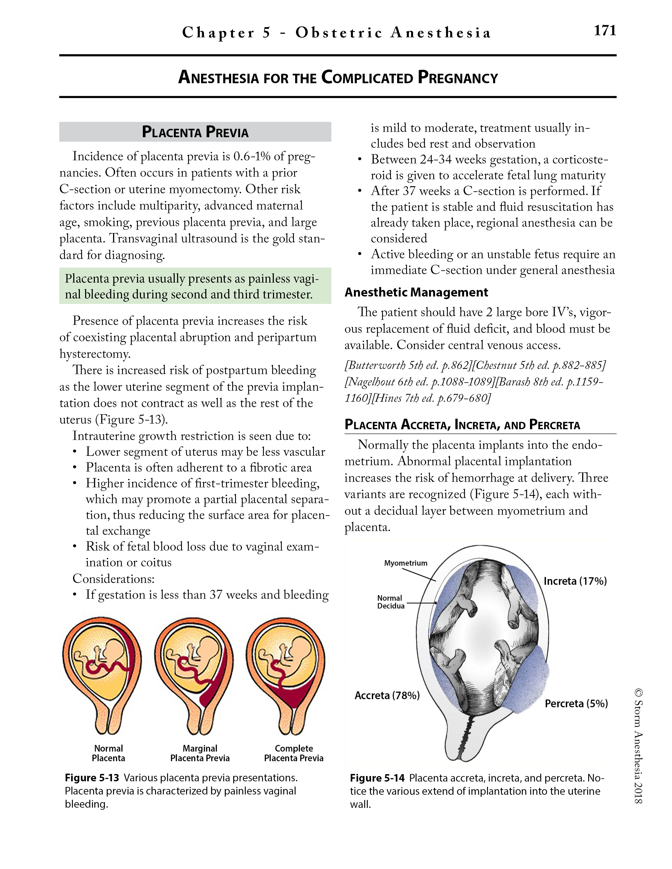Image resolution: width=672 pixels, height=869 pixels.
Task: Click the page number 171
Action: tap(605, 31)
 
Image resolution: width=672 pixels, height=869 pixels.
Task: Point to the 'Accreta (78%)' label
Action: tap(387, 695)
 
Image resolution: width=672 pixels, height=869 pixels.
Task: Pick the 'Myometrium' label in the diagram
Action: tap(405, 563)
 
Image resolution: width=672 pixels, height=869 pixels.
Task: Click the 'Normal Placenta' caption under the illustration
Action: tap(108, 753)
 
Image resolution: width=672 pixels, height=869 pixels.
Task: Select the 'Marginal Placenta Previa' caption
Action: tap(200, 753)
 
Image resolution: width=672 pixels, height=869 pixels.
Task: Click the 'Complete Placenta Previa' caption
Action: tap(294, 753)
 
